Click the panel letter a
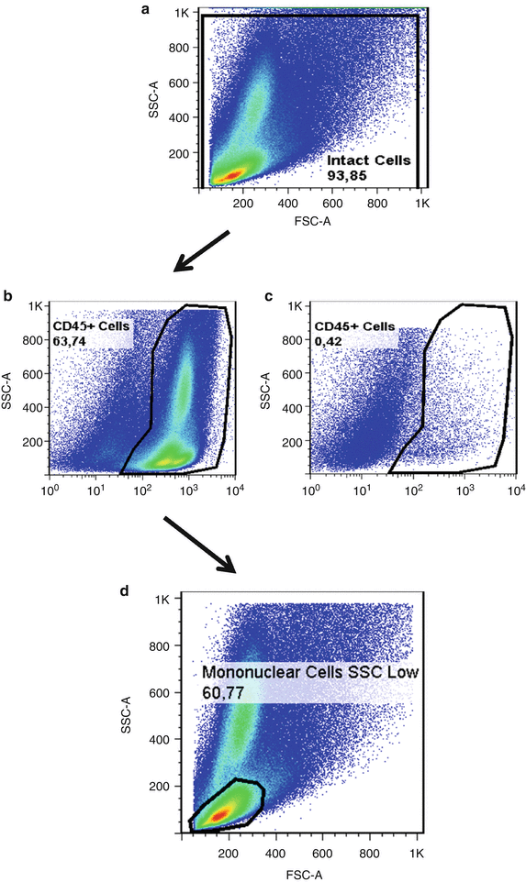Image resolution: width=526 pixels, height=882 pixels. point(144,10)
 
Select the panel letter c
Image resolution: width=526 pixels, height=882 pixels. point(267,296)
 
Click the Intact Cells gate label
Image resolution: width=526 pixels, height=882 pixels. point(369,160)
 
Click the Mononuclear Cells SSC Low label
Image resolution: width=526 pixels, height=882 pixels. point(310,673)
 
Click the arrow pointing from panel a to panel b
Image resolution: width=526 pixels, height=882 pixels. point(201,251)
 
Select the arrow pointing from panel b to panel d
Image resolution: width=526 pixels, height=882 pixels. point(200,545)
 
